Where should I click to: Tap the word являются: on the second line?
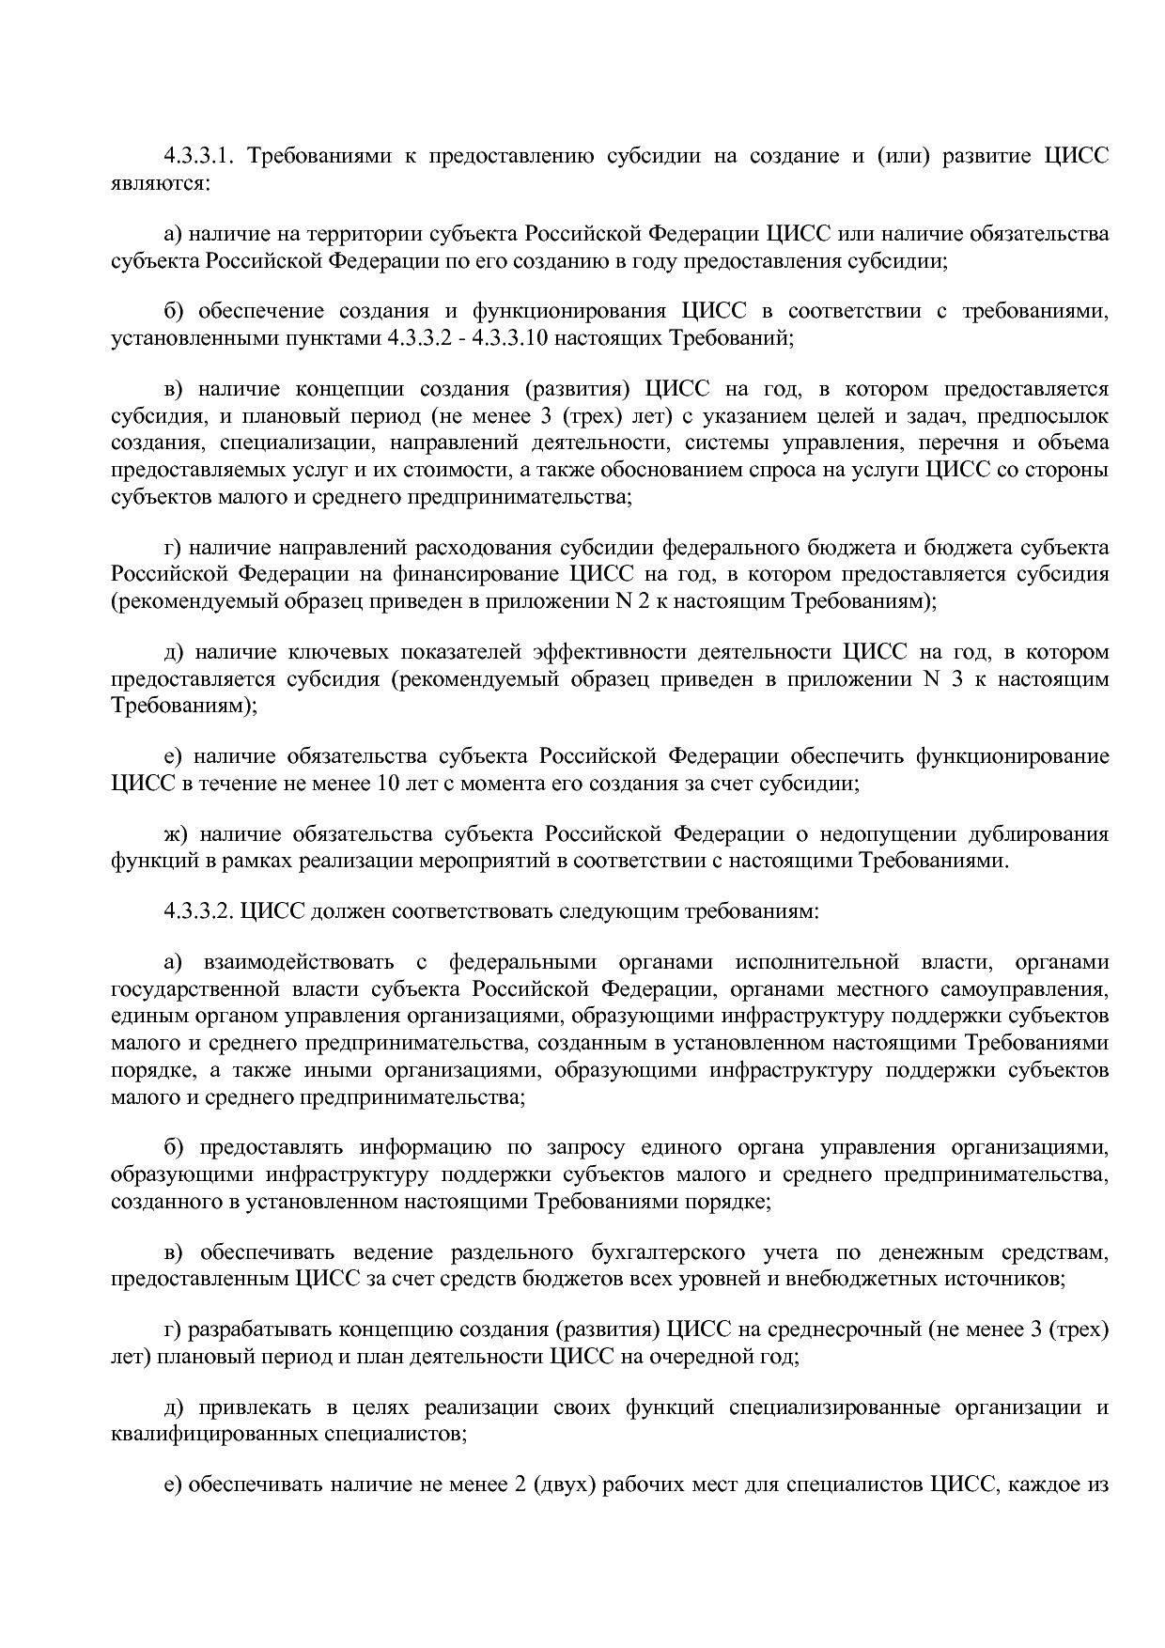click(x=160, y=182)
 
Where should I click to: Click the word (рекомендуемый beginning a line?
click(x=182, y=601)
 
